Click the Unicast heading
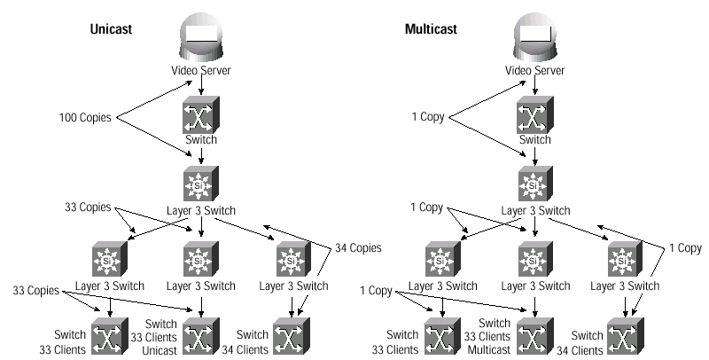point(111,29)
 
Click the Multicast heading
point(431,29)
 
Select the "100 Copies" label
point(85,118)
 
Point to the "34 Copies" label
point(358,248)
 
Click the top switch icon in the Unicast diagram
point(201,115)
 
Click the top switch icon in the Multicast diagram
point(535,115)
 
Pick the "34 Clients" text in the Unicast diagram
point(245,349)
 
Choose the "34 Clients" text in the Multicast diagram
point(580,350)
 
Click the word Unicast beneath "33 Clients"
point(160,350)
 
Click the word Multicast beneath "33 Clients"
point(489,349)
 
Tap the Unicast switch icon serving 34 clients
point(292,336)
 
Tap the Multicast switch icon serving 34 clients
point(626,336)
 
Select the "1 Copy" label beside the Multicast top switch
point(428,117)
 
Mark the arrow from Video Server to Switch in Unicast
point(201,85)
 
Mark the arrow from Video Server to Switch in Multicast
point(535,85)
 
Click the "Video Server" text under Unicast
point(201,70)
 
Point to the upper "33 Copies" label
point(88,207)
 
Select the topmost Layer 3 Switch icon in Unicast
point(201,184)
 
